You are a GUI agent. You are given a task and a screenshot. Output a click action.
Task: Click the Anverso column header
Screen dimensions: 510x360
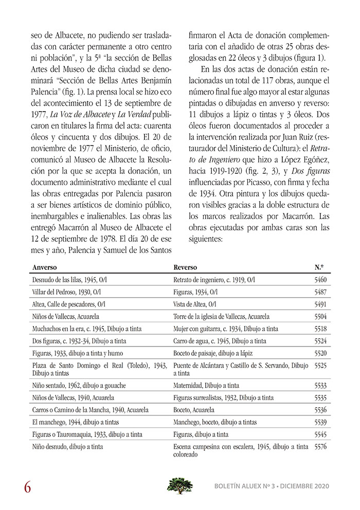[x=45, y=268]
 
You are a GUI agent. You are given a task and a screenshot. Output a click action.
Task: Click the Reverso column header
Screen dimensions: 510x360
[x=185, y=268]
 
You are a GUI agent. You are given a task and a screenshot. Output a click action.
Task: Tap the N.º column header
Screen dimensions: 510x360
[x=319, y=268]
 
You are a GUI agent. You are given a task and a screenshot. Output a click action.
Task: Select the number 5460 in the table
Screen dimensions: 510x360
[x=320, y=280]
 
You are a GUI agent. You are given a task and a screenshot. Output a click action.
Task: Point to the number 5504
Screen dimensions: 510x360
[x=320, y=316]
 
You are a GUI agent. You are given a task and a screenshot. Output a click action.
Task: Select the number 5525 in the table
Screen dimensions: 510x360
[x=320, y=366]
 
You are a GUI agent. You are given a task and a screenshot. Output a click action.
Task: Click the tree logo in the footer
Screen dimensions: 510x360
[x=180, y=485]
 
